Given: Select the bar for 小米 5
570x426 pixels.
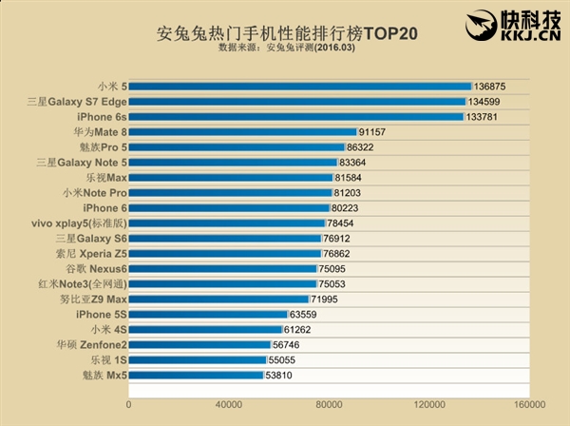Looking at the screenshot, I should point(299,86).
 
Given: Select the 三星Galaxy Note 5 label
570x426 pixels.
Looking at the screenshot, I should point(81,163).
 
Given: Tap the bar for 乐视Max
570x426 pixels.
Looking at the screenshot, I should point(231,178).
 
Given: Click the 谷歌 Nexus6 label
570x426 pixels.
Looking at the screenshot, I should point(93,269).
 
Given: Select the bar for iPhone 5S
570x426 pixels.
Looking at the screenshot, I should point(208,314).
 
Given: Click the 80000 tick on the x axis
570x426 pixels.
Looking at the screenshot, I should point(330,403).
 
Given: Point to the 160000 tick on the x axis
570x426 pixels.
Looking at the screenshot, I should point(530,403).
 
